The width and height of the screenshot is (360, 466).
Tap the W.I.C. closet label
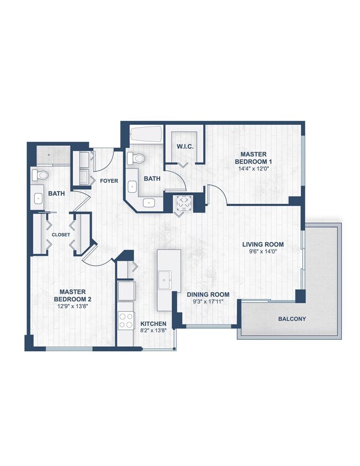pos(184,146)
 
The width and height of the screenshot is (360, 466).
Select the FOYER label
pos(108,181)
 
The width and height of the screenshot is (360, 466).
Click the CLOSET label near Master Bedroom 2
pos(61,235)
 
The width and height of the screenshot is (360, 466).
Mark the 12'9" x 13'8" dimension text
pos(72,306)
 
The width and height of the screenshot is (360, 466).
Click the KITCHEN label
pos(153,324)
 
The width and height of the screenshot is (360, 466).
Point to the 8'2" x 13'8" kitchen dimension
pos(153,331)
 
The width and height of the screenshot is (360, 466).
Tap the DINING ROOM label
pos(208,294)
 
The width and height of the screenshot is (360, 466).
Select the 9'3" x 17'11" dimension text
pos(208,302)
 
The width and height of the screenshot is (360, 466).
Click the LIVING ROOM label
pos(263,244)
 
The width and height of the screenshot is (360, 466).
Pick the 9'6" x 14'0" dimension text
pos(263,252)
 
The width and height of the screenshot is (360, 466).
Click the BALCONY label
pos(292,319)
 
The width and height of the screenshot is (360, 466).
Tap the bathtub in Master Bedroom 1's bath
pos(146,134)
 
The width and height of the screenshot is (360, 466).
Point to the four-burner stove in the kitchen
pos(126,320)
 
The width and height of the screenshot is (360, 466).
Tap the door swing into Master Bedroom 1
pos(216,194)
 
